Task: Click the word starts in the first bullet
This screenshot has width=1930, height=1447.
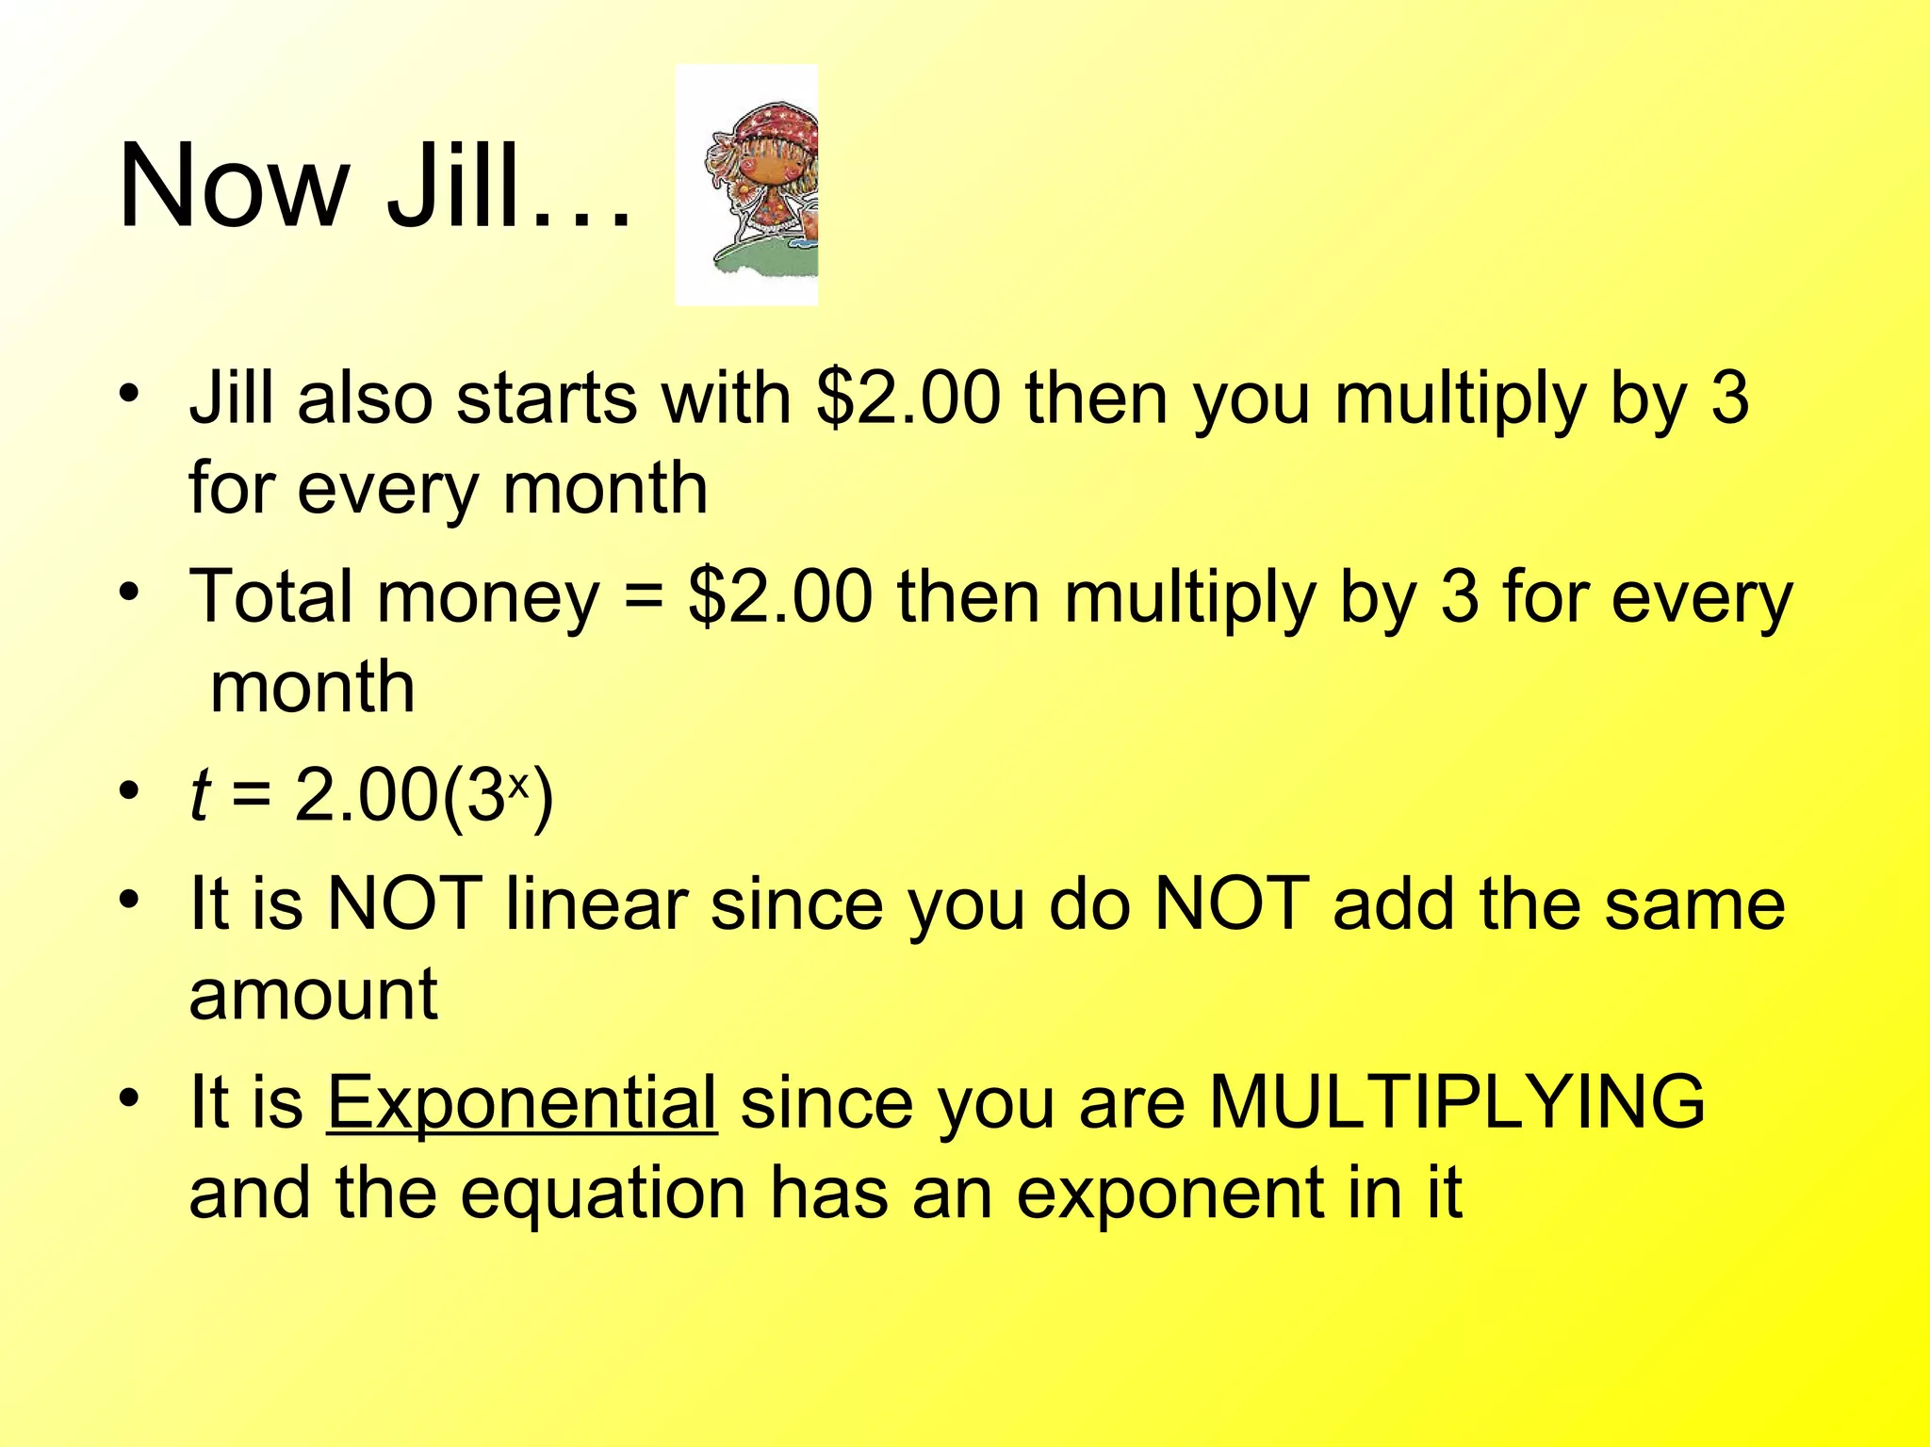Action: [x=546, y=398]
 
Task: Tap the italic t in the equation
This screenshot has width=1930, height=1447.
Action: [x=199, y=796]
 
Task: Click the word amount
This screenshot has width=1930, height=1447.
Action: [x=313, y=995]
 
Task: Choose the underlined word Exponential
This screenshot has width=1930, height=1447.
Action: [x=522, y=1101]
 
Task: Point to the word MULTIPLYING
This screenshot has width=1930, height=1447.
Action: [x=1457, y=1101]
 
